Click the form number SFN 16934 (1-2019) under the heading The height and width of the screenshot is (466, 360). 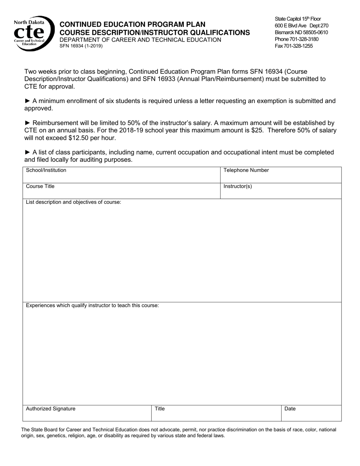[81, 46]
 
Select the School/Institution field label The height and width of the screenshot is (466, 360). [46, 170]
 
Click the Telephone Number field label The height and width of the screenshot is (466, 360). [246, 170]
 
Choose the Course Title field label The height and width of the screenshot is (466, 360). [40, 186]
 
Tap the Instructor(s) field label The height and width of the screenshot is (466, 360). [238, 186]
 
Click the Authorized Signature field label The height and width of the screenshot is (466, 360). [50, 409]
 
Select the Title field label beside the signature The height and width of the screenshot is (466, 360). [160, 409]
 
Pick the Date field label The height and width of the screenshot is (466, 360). [290, 409]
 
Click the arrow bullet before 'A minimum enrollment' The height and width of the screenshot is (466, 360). [28, 101]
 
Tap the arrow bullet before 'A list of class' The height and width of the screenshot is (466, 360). [28, 152]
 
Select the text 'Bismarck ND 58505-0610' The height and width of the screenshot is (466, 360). [301, 33]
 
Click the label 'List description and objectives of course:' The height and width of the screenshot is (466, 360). [74, 202]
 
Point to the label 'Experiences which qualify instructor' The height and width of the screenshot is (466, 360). [92, 305]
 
